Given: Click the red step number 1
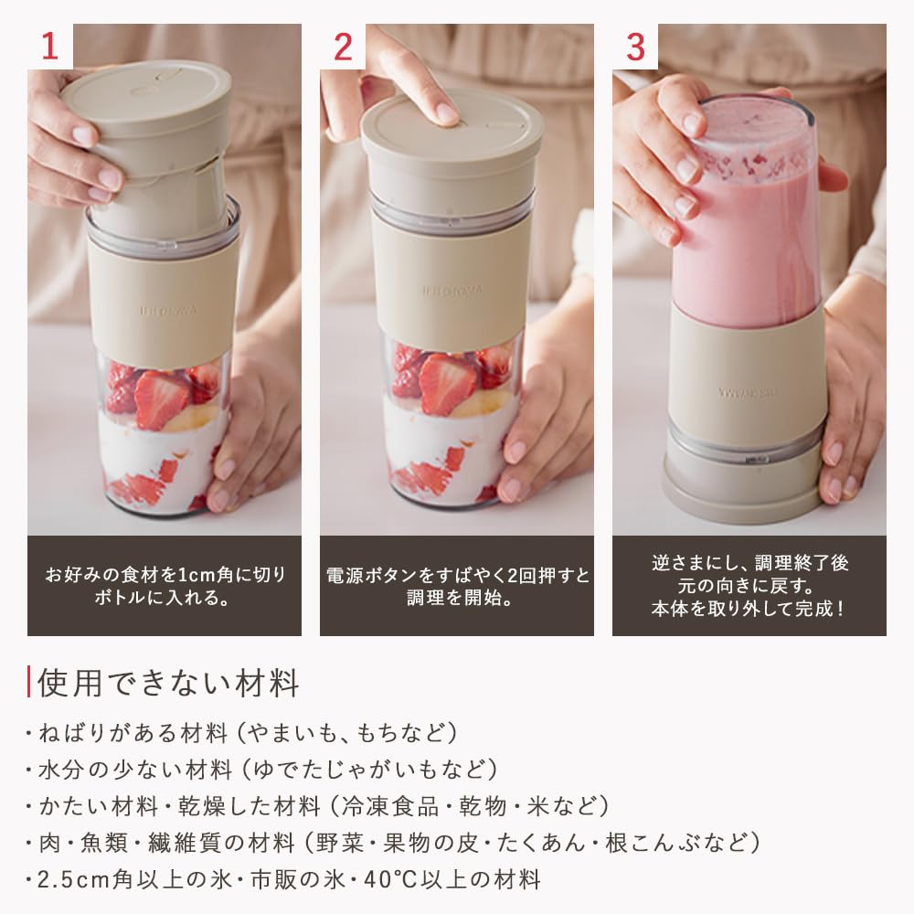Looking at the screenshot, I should [x=49, y=48].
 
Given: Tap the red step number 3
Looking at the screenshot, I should [x=634, y=48].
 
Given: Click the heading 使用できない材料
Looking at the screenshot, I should [x=169, y=682].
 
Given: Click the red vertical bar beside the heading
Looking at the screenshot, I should [x=30, y=682].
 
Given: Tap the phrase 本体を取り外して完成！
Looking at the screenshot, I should [x=749, y=607].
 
